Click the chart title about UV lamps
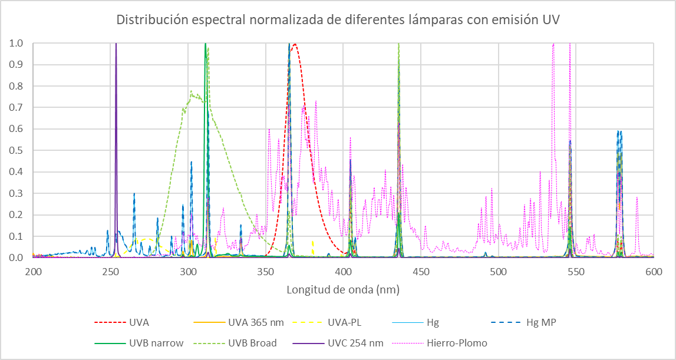[338, 19]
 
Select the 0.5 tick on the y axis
[16, 150]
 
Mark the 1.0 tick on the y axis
[16, 43]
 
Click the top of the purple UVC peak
[116, 44]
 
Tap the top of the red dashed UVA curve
[294, 44]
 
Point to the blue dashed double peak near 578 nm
[619, 132]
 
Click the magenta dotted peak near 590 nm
[637, 198]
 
